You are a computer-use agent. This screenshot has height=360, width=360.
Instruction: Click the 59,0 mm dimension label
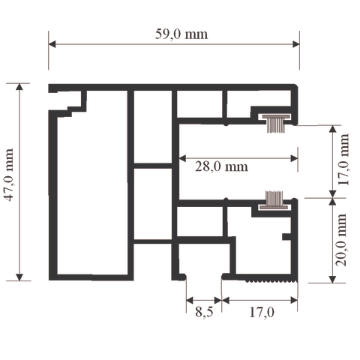tap(181, 34)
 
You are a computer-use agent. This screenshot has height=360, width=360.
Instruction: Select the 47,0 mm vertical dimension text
tap(9, 175)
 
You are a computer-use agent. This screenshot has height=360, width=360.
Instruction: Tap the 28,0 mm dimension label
tap(221, 166)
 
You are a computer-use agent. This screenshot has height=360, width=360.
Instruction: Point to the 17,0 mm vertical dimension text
tap(343, 159)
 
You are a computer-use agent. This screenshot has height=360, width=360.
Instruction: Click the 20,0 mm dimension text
tap(341, 240)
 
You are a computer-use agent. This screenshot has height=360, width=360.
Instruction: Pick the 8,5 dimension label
tap(204, 312)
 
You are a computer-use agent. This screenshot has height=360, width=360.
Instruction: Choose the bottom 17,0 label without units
tap(262, 312)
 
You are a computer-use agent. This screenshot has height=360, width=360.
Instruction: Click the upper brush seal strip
tap(276, 124)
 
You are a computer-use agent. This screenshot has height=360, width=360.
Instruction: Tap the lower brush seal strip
tap(274, 199)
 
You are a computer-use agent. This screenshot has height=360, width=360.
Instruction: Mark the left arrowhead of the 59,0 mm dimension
tap(52, 44)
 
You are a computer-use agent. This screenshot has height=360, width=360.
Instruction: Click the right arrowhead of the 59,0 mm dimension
tap(296, 44)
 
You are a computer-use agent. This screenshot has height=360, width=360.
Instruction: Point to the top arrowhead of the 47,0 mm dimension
tap(19, 87)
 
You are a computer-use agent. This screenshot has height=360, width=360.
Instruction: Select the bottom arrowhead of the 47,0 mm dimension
tap(19, 277)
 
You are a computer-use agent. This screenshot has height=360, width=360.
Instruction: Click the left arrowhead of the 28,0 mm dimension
tap(183, 158)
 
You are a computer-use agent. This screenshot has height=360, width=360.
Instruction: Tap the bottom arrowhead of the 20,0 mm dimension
tap(332, 280)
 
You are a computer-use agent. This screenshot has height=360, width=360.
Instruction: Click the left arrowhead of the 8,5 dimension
tap(190, 301)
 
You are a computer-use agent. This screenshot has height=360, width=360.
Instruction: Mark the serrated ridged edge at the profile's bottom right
tap(271, 281)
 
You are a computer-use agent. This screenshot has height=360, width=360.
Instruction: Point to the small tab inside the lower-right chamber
tap(286, 237)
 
